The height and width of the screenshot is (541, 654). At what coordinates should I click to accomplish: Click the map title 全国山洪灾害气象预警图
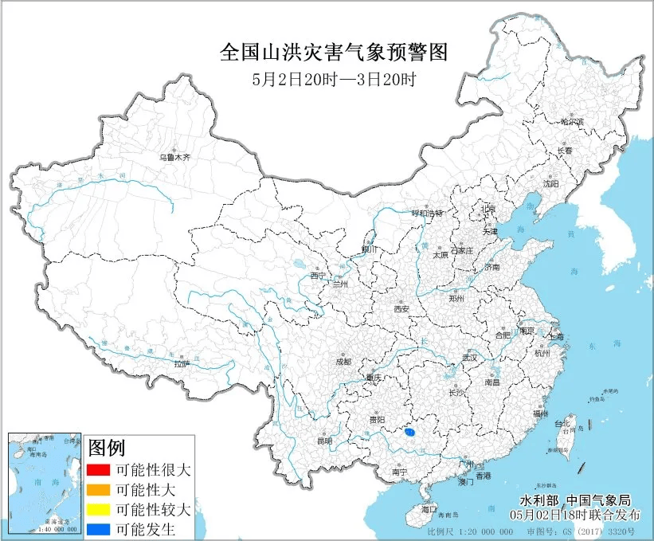click(334, 53)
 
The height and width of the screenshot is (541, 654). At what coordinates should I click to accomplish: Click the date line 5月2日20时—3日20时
click(334, 79)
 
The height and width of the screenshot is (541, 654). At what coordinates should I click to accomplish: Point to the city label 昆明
click(323, 441)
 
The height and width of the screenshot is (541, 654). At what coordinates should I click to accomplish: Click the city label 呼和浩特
click(425, 213)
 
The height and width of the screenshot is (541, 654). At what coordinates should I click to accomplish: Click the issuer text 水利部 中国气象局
click(574, 500)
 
